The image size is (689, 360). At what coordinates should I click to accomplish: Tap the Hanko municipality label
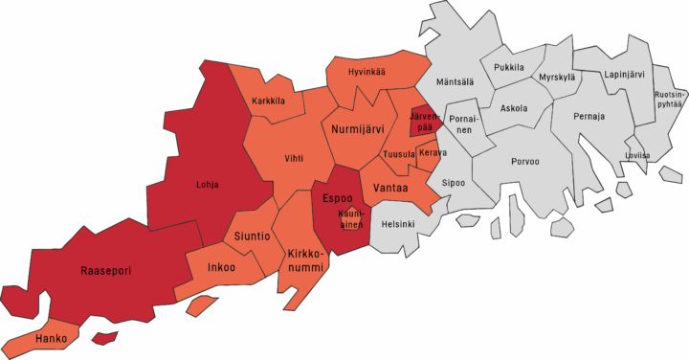click(50, 339)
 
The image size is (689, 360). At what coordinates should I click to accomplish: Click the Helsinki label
click(398, 224)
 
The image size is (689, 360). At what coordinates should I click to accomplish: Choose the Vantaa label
click(391, 189)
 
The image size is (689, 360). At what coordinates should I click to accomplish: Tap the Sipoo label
click(453, 181)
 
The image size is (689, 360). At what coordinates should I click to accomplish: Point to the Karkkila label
click(270, 101)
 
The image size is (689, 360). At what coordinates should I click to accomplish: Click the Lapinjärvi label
click(623, 74)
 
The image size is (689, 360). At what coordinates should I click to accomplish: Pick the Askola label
click(513, 108)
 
